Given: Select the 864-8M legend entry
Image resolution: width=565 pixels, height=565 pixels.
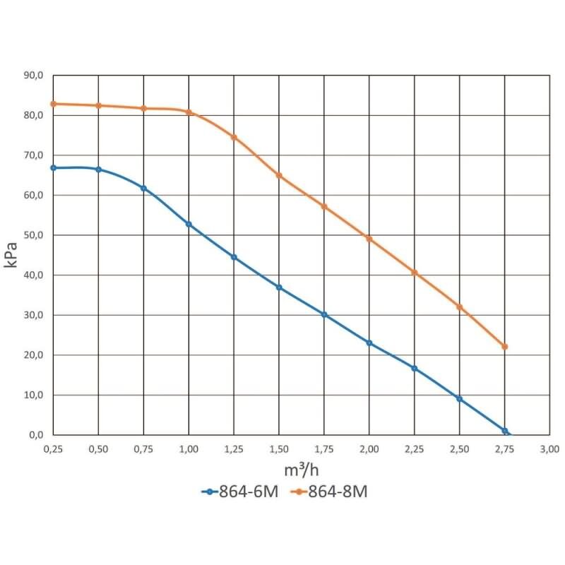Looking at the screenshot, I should point(328,493).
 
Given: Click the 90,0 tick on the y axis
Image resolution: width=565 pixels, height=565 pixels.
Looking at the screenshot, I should point(35,75).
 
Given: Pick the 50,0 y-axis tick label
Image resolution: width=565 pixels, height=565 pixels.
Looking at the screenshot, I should point(35,235).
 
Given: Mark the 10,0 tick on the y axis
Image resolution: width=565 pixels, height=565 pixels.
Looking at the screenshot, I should point(35,395).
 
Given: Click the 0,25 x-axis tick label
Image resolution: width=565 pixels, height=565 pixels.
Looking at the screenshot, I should point(53,448).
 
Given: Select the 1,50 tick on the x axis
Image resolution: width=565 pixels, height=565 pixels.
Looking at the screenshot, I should point(279,448).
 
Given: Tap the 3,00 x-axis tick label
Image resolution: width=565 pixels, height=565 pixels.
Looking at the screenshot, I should point(549,448).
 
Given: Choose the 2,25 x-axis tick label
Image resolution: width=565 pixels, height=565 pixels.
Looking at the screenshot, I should point(415,448).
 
